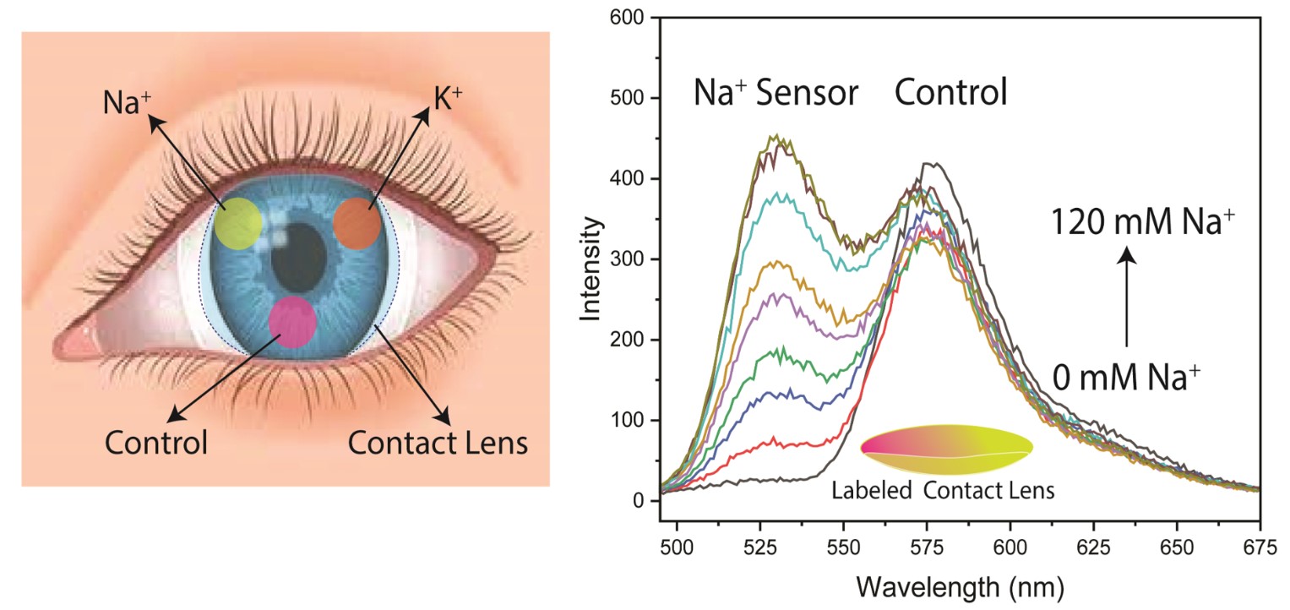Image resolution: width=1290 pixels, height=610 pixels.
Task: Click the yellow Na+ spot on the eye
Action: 237,223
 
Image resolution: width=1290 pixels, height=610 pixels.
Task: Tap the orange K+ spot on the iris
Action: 358,222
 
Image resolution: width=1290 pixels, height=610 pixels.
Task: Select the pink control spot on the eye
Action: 292,322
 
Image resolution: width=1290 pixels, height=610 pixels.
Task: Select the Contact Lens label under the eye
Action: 438,441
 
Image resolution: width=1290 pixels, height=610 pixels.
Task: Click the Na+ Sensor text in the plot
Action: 776,92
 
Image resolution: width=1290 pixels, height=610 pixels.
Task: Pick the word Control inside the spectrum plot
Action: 950,92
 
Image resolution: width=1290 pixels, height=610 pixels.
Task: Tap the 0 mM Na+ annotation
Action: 1127,376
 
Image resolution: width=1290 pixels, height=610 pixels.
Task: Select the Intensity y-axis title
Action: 591,269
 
